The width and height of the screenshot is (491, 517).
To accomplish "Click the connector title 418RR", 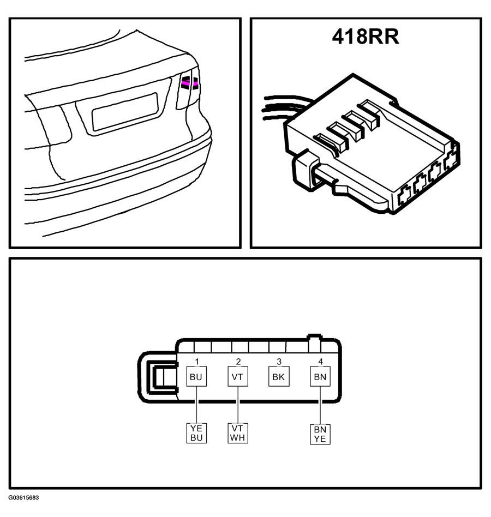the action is (366, 37).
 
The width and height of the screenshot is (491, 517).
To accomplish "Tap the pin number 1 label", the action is (197, 362).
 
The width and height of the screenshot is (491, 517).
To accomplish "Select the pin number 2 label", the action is (238, 362).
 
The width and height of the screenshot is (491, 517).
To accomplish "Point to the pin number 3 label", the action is (279, 362).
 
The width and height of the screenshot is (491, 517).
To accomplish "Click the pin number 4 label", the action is (320, 362).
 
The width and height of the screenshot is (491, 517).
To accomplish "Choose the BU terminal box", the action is (196, 376).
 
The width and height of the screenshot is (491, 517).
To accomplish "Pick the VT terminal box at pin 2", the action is (238, 376).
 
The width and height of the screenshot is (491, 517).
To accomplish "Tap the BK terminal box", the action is (279, 376).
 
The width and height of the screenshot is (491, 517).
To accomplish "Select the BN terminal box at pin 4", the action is (320, 376).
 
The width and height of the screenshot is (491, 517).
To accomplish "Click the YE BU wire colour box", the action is (196, 433).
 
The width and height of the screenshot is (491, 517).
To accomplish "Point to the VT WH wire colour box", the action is (238, 433).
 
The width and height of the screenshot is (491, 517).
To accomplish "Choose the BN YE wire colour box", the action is (320, 434).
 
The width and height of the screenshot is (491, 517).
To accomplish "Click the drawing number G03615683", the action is (24, 497).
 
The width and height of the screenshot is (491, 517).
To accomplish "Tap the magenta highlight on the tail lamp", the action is (190, 84).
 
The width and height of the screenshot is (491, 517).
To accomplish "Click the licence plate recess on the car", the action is (125, 111).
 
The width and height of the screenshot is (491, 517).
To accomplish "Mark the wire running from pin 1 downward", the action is (196, 405).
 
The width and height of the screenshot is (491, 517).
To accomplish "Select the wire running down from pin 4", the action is (320, 405).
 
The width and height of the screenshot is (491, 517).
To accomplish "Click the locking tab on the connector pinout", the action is (158, 377).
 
